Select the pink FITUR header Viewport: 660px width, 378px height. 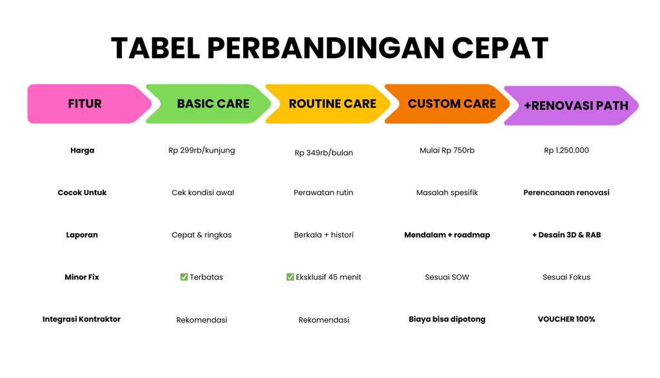85,104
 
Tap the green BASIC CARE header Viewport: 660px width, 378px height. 213,104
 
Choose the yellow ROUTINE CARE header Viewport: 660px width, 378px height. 332,104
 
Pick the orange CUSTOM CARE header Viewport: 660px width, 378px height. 452,104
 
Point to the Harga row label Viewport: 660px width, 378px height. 82,151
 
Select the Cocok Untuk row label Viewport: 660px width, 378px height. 82,193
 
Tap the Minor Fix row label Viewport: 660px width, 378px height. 82,277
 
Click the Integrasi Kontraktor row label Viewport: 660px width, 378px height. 82,319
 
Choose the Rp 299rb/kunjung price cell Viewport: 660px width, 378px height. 202,151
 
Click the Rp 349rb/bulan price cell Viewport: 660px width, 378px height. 324,153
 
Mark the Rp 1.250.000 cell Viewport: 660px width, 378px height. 567,151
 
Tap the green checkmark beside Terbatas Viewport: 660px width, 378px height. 184,277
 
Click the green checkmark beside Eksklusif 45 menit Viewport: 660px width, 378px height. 290,277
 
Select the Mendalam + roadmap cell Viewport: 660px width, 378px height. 447,235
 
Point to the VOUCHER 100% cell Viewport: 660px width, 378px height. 567,319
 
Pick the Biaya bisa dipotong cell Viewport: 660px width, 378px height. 447,319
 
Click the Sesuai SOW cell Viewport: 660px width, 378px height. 447,277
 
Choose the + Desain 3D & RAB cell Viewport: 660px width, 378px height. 567,235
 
